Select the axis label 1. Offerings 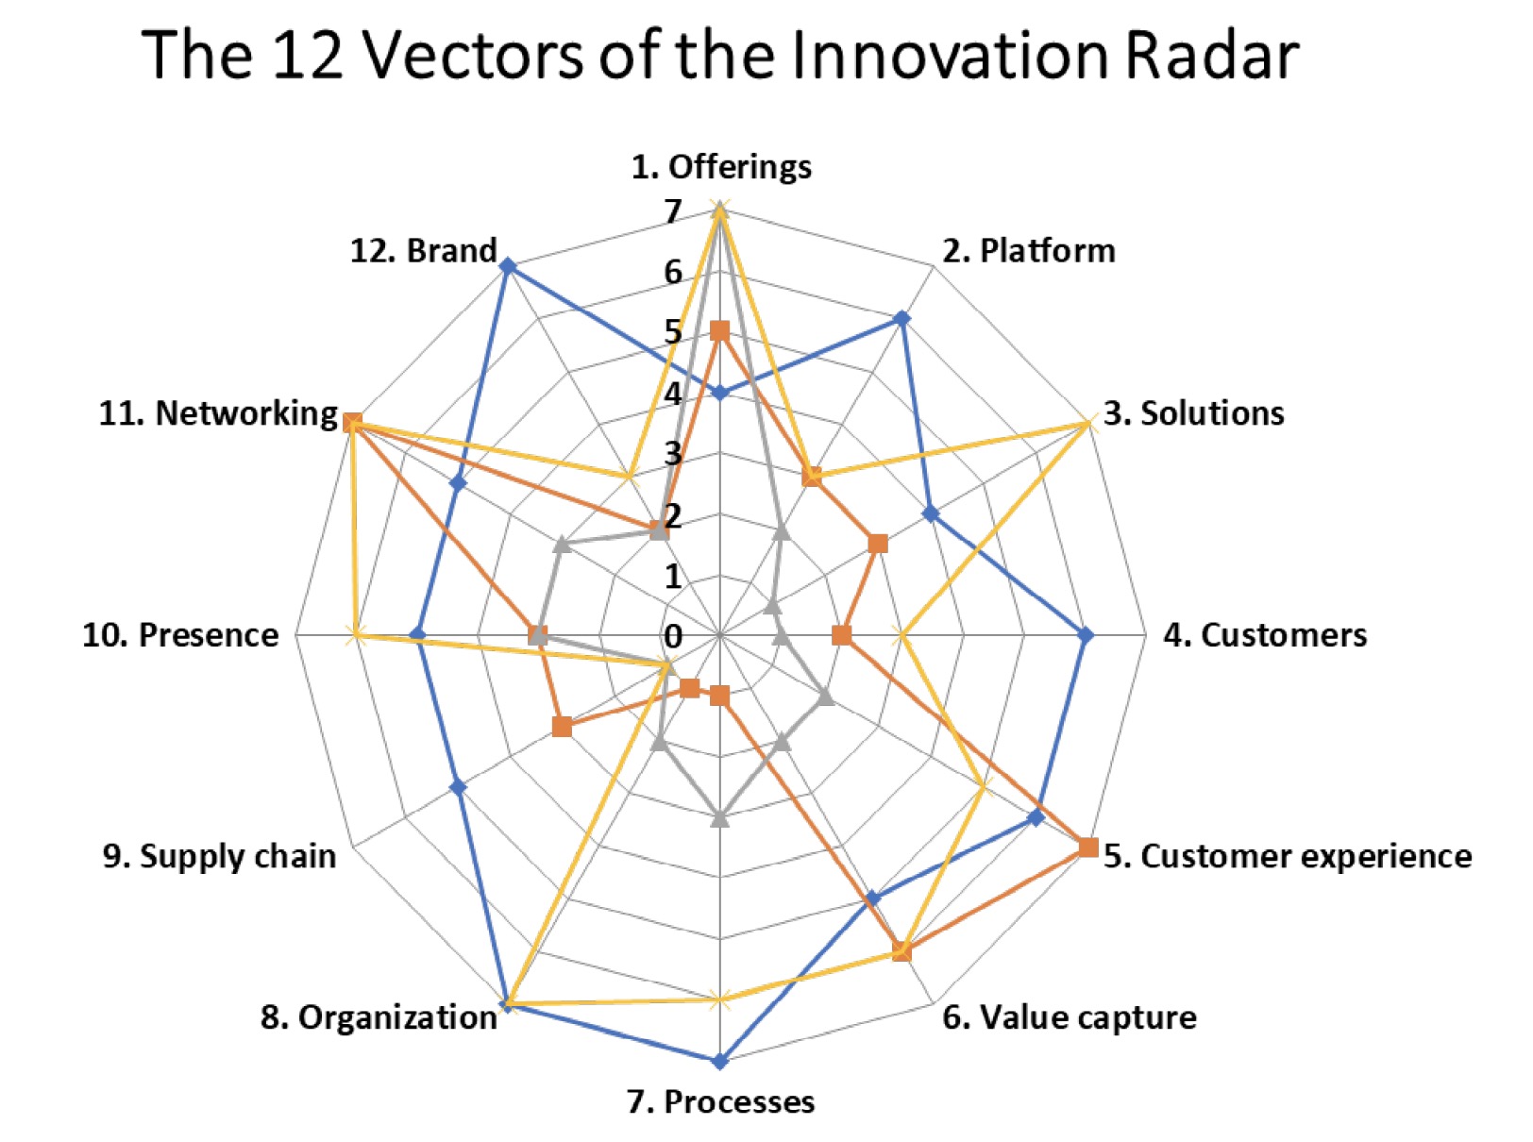(721, 166)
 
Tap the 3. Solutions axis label (1193, 413)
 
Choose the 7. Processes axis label (720, 1101)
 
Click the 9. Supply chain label (219, 856)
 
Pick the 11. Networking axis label (218, 413)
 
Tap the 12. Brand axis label (423, 251)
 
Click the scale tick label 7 (672, 212)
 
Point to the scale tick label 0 (672, 637)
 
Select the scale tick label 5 (672, 332)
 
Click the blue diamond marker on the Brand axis (508, 266)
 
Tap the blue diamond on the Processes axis (720, 1061)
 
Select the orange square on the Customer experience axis (1087, 848)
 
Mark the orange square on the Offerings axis (720, 331)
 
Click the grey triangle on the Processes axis (720, 818)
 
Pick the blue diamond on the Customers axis (1086, 636)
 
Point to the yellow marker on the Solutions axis (1088, 423)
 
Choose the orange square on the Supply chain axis (563, 727)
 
